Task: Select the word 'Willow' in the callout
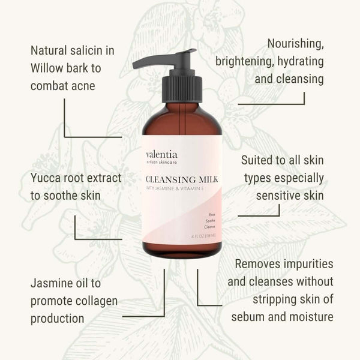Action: click(x=50, y=67)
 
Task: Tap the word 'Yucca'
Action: click(x=46, y=178)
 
